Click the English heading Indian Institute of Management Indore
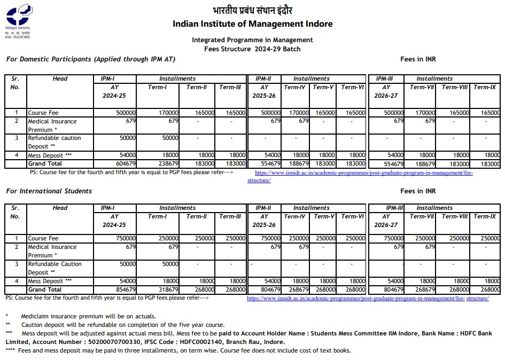[x=252, y=24]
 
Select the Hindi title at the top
[x=252, y=10]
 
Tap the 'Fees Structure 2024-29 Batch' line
[x=252, y=49]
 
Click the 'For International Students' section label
[x=49, y=191]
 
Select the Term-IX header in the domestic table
[x=485, y=87]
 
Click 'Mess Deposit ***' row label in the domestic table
[x=50, y=155]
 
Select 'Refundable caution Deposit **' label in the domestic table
[x=54, y=142]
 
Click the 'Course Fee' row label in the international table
[x=43, y=238]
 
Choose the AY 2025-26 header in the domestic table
[x=265, y=91]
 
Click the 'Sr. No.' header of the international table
[x=15, y=212]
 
